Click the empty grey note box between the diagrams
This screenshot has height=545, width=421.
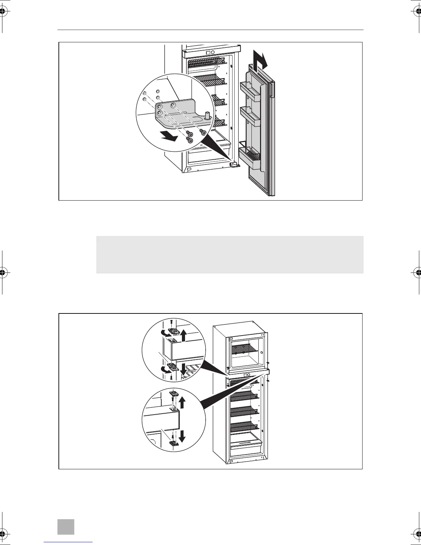229,255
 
